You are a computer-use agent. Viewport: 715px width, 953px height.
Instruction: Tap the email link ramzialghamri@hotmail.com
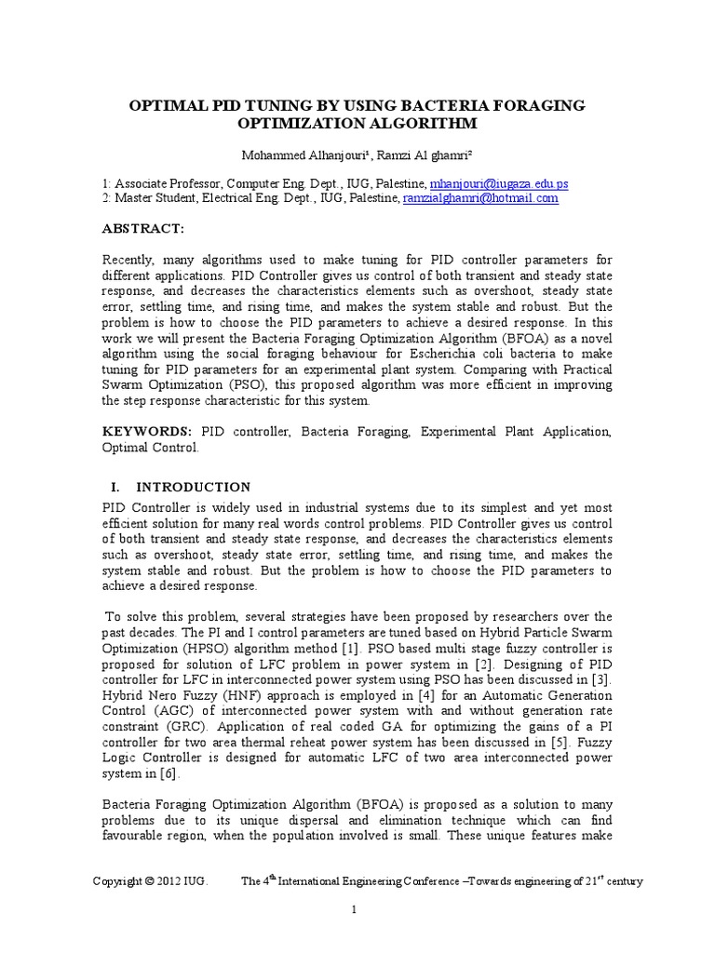point(480,198)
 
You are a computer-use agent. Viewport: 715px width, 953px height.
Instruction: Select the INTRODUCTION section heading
point(194,487)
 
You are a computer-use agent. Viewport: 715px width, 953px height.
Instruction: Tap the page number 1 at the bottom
point(356,910)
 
